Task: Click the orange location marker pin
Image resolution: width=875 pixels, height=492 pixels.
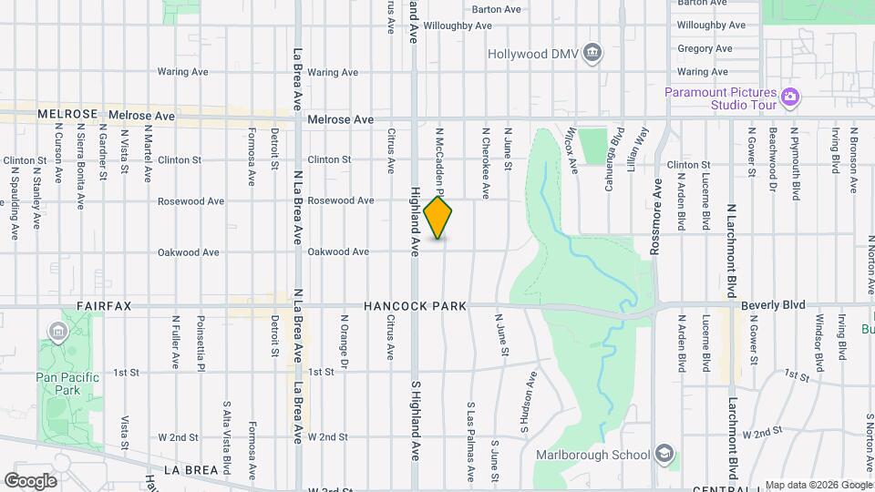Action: (x=438, y=217)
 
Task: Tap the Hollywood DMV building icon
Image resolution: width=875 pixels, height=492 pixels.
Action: (x=592, y=52)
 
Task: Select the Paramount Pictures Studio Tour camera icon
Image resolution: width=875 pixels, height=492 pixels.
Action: (x=790, y=97)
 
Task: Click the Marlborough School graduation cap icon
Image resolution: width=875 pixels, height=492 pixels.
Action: (x=664, y=454)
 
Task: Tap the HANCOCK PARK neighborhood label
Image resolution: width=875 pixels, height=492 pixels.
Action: (x=415, y=306)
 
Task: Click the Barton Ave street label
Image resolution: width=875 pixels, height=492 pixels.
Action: (x=497, y=9)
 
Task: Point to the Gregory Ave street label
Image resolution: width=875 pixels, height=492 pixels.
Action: (x=705, y=48)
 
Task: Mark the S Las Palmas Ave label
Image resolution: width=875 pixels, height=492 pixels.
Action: (x=471, y=442)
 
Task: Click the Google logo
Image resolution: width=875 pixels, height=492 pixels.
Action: (x=30, y=480)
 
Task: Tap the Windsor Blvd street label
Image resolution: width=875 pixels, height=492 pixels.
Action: (x=819, y=343)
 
